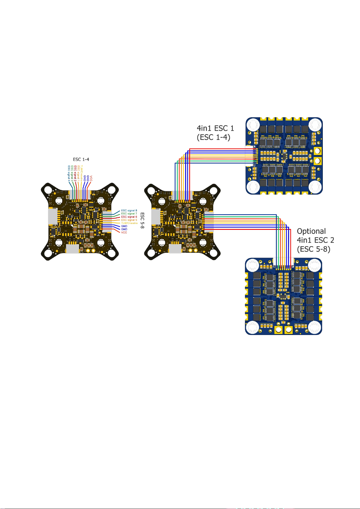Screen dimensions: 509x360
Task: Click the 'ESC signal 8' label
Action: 129,211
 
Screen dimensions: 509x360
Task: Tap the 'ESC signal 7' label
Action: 129,214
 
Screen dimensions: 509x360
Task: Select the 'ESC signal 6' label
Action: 129,217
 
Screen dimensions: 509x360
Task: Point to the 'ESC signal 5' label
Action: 129,220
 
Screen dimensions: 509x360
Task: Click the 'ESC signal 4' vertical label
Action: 69,173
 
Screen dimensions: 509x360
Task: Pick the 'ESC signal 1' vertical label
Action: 78,173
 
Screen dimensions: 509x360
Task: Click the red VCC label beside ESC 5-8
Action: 124,232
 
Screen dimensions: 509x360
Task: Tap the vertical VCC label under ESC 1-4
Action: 91,178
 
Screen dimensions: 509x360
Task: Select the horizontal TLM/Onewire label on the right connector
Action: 129,223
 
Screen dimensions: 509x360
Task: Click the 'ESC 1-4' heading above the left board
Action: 81,159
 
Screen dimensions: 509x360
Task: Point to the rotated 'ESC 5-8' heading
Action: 143,221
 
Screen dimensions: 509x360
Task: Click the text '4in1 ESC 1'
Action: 215,128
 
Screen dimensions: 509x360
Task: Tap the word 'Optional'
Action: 311,231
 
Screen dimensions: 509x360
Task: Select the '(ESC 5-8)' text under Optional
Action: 313,249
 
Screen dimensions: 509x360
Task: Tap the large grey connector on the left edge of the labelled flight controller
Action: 53,216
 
